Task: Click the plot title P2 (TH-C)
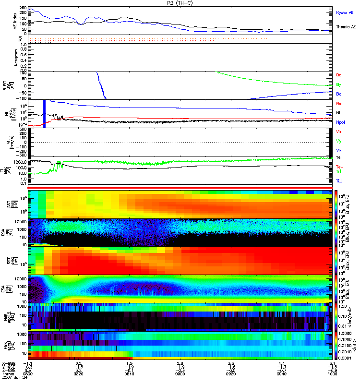coord(179,3)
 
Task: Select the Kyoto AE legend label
coord(346,12)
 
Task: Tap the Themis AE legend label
coord(346,27)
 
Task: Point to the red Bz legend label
coord(339,75)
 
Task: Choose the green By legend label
coord(339,84)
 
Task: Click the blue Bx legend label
coord(339,94)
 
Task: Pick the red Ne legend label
coord(339,103)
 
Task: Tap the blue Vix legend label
coord(339,150)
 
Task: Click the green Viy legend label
coord(339,141)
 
